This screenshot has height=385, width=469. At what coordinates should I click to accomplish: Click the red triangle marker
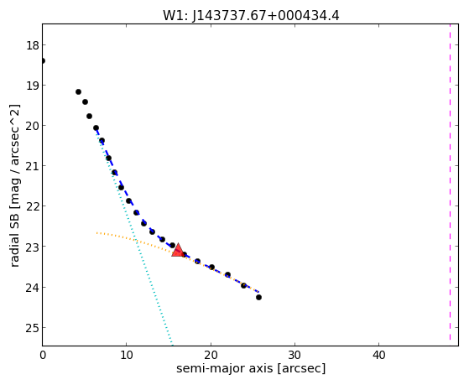[x=178, y=251]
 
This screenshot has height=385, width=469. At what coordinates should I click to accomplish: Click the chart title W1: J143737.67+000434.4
[x=251, y=16]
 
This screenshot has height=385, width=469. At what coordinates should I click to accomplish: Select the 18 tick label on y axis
[x=33, y=46]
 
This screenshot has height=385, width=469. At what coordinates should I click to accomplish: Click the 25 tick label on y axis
[x=33, y=328]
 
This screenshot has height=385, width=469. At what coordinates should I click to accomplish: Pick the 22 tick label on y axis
[x=33, y=206]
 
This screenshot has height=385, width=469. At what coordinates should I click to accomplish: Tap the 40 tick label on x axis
[x=378, y=355]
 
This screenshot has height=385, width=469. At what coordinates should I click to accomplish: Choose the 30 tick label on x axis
[x=294, y=355]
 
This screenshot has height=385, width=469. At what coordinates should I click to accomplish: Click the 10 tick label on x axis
[x=127, y=355]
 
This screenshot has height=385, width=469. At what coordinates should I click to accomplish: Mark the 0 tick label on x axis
[x=43, y=355]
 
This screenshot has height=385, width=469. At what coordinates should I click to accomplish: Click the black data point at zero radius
[x=43, y=61]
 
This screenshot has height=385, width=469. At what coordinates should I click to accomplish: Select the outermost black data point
[x=258, y=298]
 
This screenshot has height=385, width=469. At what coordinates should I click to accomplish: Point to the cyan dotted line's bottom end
[x=172, y=345]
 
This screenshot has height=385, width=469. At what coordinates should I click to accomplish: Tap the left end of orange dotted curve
[x=97, y=232]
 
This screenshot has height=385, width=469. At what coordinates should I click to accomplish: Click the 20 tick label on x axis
[x=211, y=355]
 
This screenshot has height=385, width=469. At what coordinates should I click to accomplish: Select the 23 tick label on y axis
[x=33, y=247]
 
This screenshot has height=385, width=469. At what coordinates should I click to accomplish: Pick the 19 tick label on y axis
[x=33, y=86]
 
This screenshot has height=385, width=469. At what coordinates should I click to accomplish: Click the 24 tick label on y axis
[x=33, y=288]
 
